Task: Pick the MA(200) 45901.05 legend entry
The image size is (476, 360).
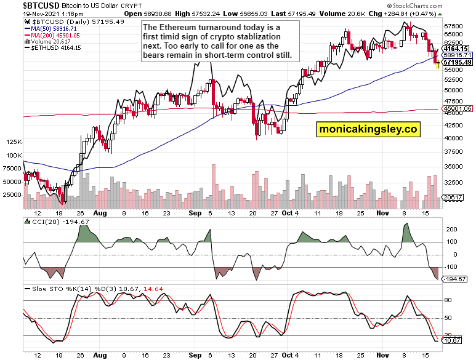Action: pyautogui.click(x=56, y=35)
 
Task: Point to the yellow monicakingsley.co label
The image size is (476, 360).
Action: pyautogui.click(x=368, y=129)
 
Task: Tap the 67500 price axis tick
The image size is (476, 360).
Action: pyautogui.click(x=454, y=26)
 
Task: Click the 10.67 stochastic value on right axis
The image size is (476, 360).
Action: pyautogui.click(x=452, y=340)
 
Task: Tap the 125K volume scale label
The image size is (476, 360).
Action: pyautogui.click(x=12, y=142)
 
